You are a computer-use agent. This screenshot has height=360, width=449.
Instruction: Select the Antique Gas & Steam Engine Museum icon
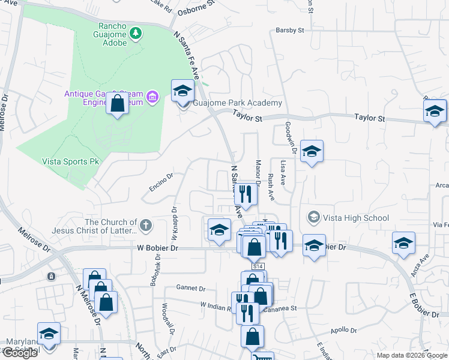coord(152,97)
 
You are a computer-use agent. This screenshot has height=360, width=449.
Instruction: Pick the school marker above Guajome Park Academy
coord(183,91)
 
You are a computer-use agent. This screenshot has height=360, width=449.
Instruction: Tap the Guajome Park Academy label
coord(237,103)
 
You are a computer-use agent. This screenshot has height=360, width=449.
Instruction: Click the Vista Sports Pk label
coord(70,161)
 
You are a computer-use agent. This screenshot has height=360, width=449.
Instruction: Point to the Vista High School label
coord(356,217)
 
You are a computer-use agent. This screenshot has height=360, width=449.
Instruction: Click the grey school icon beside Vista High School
coord(313,217)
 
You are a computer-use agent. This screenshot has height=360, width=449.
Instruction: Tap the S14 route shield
coord(258,266)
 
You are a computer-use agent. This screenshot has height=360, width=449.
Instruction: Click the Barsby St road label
coord(290,30)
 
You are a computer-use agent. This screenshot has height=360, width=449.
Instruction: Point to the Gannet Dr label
coord(191,288)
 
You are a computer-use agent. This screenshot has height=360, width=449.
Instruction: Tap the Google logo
coord(19,353)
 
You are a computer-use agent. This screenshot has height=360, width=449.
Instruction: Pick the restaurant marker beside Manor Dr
coord(245,194)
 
